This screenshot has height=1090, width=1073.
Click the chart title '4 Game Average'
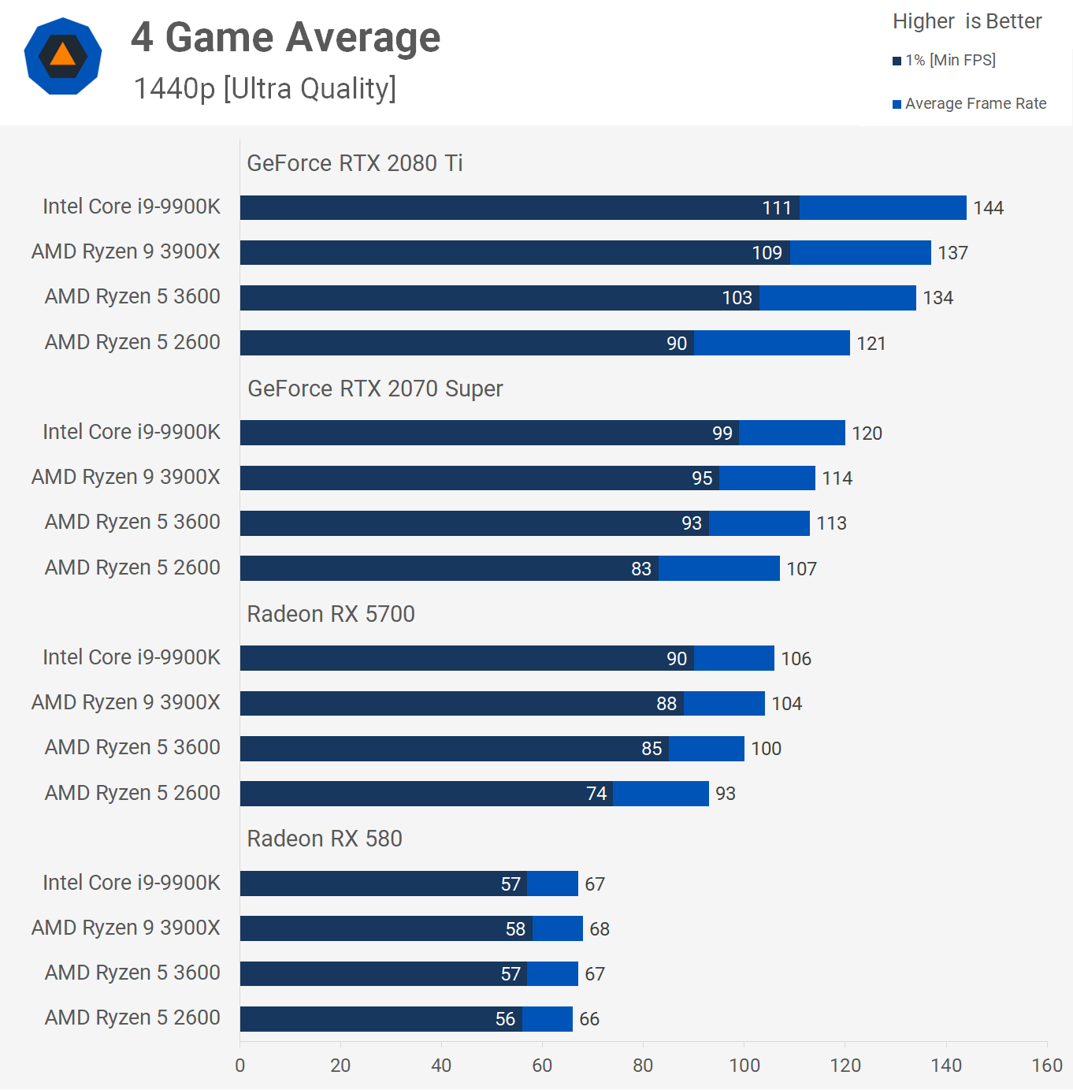tap(285, 37)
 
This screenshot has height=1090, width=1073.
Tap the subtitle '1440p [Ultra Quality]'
tap(265, 88)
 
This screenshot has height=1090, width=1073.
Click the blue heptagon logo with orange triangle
tap(63, 56)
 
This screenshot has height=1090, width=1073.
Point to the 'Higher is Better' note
tap(967, 21)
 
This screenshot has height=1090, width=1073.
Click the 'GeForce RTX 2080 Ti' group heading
tap(355, 163)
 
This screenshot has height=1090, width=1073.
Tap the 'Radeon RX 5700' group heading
tap(331, 614)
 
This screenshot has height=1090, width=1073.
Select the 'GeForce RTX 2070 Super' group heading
tap(375, 389)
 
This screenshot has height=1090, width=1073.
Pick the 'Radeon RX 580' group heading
tap(325, 839)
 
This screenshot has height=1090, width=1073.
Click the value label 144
tap(988, 208)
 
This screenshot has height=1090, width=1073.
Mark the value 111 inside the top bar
tap(776, 208)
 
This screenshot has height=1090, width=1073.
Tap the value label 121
tap(871, 344)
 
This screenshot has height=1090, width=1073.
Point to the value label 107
tap(801, 569)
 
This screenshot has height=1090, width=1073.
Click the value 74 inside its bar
tap(596, 794)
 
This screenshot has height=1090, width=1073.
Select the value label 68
tap(600, 929)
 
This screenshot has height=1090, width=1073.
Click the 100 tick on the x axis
tap(744, 1066)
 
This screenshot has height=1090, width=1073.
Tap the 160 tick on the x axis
tap(1047, 1066)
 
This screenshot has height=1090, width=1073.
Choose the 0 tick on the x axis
tap(240, 1066)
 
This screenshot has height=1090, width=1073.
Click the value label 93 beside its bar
tap(726, 794)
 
